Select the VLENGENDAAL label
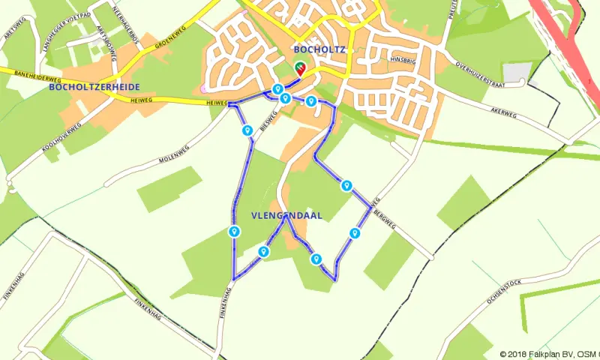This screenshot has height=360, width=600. click(x=286, y=215)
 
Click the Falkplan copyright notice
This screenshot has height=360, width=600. click(x=548, y=354)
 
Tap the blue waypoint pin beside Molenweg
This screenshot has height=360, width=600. click(x=247, y=130)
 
